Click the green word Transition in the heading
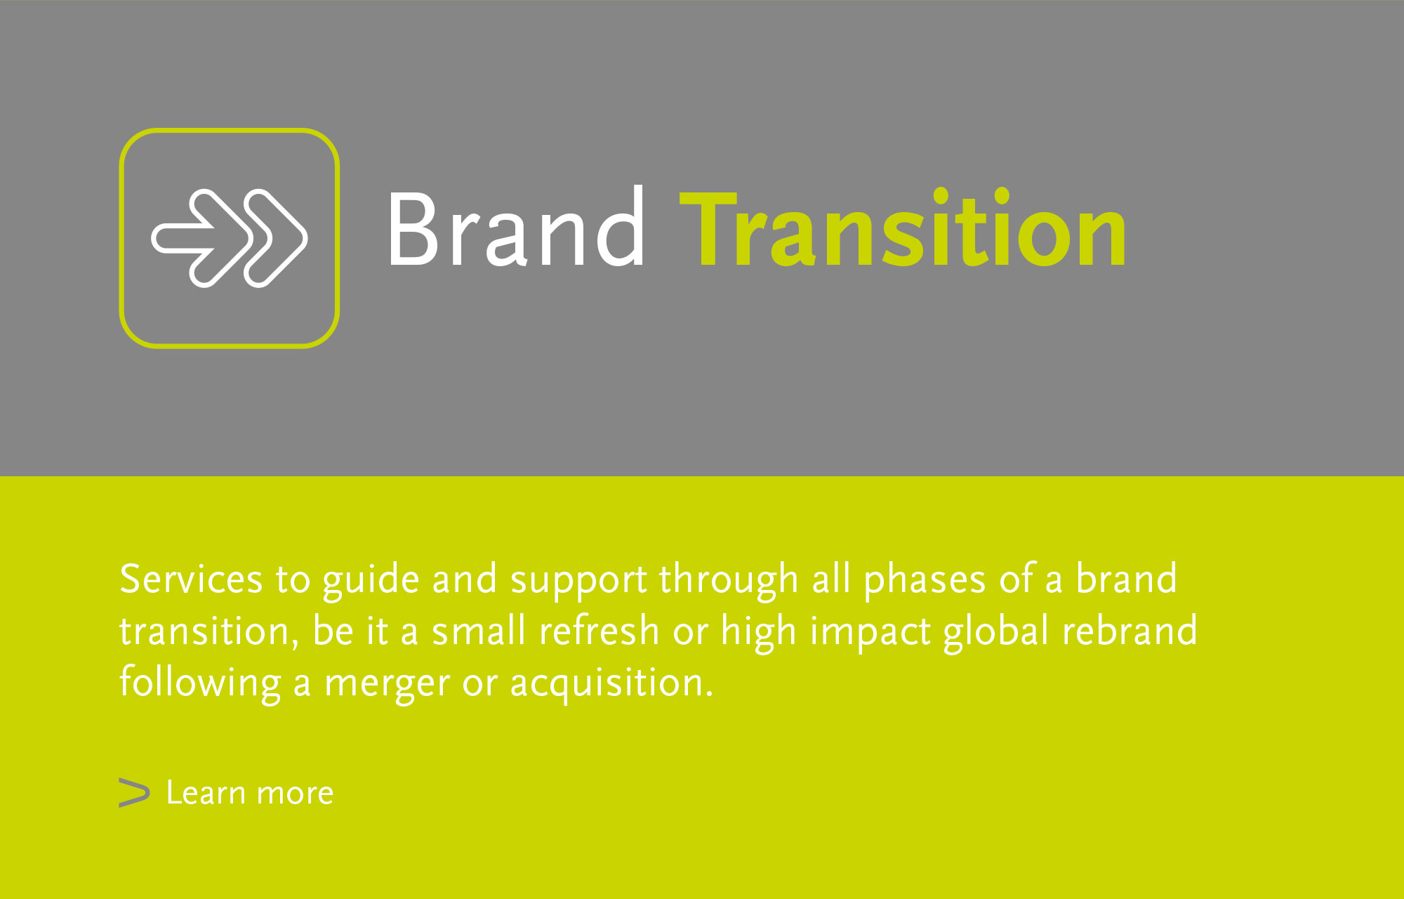pos(903,229)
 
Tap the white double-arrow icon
pos(229,238)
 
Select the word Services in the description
pos(191,579)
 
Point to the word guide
pos(371,582)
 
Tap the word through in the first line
pos(729,582)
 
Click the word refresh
pos(599,630)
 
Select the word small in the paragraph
pos(479,630)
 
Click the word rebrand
pos(1130,630)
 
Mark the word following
pos(200,683)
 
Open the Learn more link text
pos(250,793)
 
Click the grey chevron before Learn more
pos(134,793)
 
